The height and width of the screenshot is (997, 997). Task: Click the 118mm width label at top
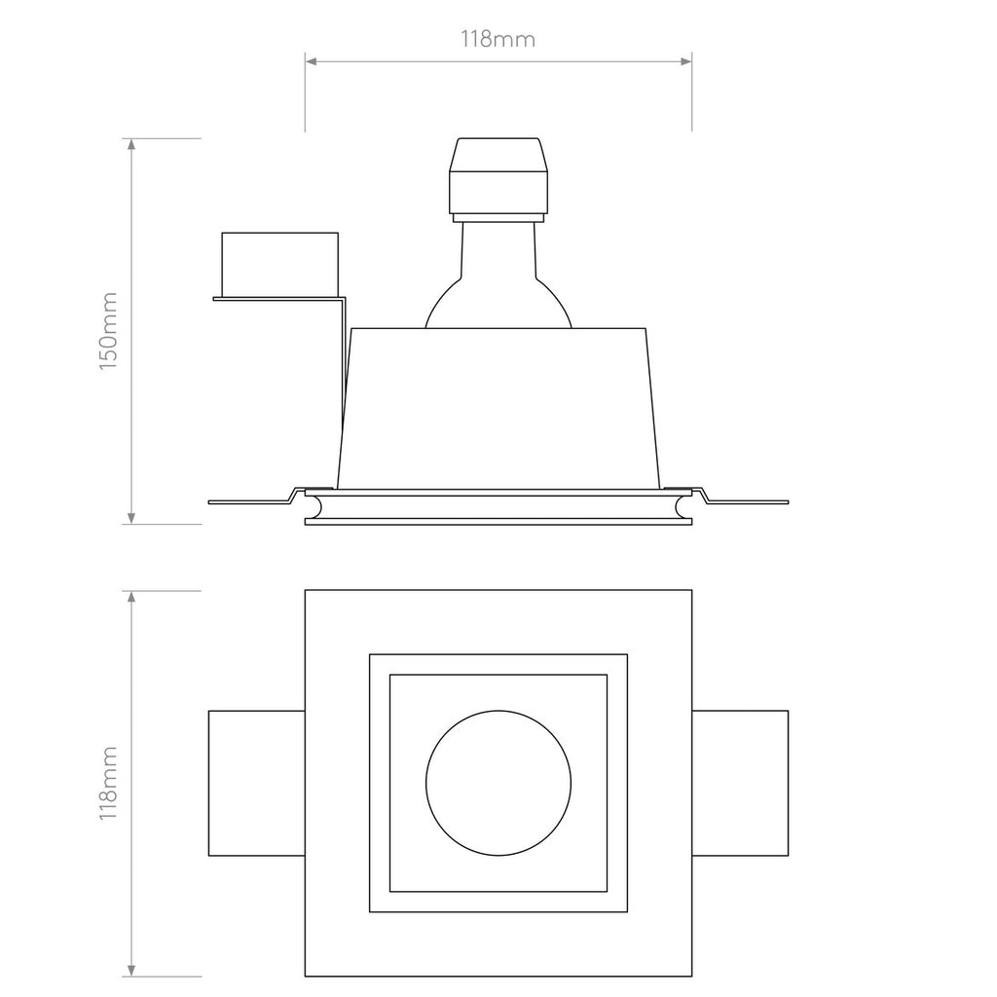pyautogui.click(x=498, y=39)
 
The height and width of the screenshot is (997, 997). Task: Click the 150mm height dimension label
pyautogui.click(x=108, y=329)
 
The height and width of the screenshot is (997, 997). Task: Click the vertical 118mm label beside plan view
pyautogui.click(x=108, y=784)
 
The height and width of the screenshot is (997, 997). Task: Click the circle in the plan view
pyautogui.click(x=498, y=782)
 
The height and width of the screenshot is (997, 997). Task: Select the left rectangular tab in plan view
pyautogui.click(x=257, y=783)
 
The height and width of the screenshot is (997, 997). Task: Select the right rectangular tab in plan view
pyautogui.click(x=740, y=783)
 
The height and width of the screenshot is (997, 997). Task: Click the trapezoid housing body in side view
pyautogui.click(x=498, y=409)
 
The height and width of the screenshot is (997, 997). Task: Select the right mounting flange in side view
pyautogui.click(x=745, y=500)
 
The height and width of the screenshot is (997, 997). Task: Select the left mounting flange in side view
pyautogui.click(x=248, y=500)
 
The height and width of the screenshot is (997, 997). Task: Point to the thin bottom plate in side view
pyautogui.click(x=498, y=521)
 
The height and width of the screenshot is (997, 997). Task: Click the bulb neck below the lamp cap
pyautogui.click(x=498, y=243)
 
